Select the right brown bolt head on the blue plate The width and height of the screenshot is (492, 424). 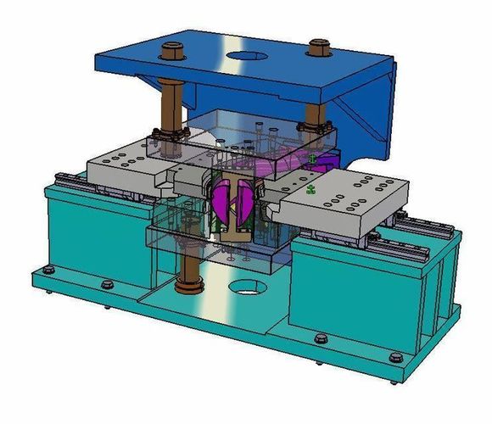pos(320,47)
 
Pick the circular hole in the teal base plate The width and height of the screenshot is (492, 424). pos(247,287)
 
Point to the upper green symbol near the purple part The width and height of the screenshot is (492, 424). pos(314,159)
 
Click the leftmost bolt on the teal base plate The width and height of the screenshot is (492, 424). pos(48,272)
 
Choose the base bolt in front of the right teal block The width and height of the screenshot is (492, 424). pos(320,339)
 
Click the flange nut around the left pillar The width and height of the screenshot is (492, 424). pos(166,136)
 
